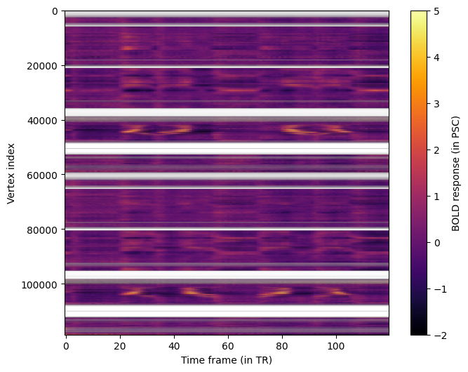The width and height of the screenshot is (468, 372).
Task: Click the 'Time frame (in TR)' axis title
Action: coord(227,360)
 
